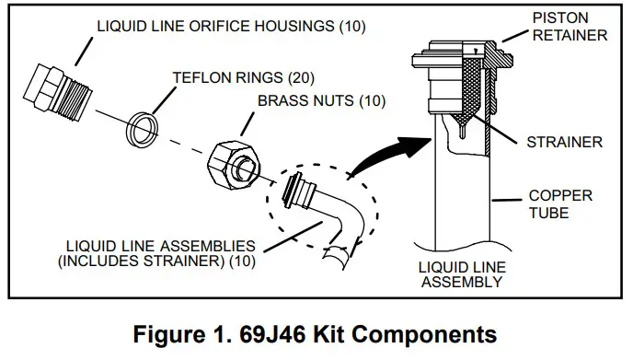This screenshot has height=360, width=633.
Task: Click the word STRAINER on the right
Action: coord(564,142)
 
